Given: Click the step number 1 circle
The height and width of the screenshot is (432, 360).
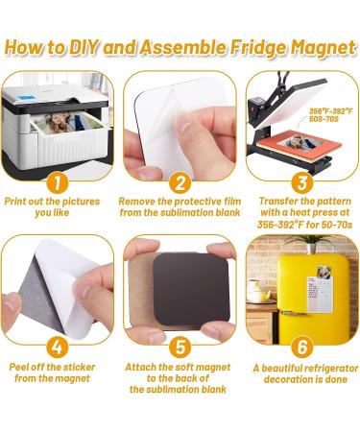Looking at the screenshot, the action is pos(58,183).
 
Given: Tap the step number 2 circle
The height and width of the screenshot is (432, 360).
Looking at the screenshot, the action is pos(180,183).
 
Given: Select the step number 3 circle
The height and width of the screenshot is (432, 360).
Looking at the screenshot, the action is pos(302,183).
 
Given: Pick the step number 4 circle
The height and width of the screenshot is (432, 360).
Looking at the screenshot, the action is pos(58,348).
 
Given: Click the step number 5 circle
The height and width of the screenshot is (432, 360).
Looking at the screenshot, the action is pos(180,348).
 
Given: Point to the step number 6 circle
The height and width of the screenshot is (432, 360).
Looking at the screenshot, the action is pos(302,348).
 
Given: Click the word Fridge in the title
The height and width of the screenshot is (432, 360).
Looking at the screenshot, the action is pos(259,48).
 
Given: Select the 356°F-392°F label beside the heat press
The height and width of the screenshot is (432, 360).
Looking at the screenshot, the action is pos(330,111).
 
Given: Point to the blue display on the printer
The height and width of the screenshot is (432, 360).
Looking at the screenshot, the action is pos(23,98).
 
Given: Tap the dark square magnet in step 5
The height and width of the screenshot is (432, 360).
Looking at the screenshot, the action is pos(191,291).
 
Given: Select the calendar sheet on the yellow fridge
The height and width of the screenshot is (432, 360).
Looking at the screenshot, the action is pos(320,295).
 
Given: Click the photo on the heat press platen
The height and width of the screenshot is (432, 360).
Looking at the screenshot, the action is pos(300,143).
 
